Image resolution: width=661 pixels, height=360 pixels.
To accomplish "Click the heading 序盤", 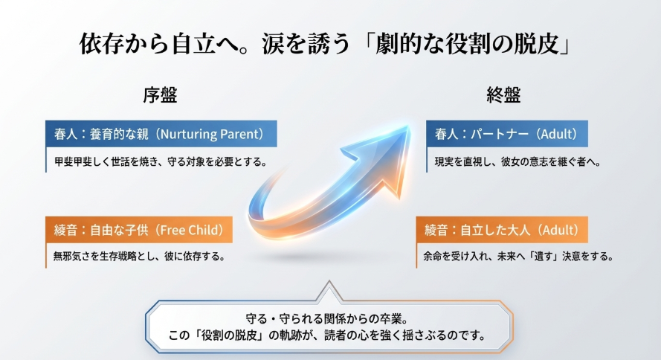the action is coord(160,95).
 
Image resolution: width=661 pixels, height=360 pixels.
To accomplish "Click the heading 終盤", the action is coord(504,95).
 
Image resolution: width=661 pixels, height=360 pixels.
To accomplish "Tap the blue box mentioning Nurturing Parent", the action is coord(161,134).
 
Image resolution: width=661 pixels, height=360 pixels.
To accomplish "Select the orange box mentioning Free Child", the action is coord(139,230).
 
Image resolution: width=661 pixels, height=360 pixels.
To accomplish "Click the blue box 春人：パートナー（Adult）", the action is coord(506,134).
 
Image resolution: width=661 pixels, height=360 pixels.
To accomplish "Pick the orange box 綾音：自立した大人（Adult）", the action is coord(502,230).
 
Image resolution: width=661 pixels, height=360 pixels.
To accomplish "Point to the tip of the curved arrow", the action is coord(410,126).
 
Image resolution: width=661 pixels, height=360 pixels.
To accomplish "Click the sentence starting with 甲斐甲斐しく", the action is coord(161,162).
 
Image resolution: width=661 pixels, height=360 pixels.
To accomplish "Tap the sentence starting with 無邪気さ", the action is coord(140,257).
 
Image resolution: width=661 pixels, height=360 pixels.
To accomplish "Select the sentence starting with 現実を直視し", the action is coord(518,162).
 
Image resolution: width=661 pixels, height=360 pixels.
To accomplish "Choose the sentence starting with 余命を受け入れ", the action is coord(518,257).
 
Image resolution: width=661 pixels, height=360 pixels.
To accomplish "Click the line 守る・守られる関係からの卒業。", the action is coord(326,318).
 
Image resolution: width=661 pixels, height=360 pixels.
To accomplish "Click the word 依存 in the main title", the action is coord(102,43).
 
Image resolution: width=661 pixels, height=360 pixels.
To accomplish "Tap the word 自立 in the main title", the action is coord(193,43).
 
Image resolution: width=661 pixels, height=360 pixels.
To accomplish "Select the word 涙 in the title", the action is coord(273,43).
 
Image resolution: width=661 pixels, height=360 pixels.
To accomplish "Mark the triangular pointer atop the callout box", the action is coord(329,291).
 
